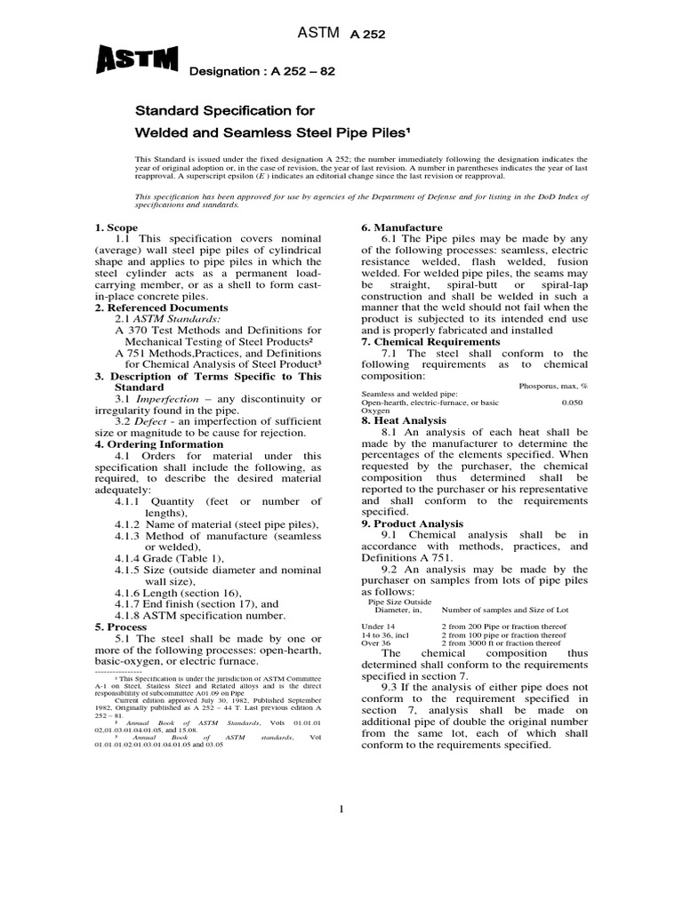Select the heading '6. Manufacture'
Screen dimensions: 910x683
[401, 228]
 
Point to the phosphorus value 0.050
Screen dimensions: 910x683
[574, 403]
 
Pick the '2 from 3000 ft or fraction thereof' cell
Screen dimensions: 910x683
[503, 643]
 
